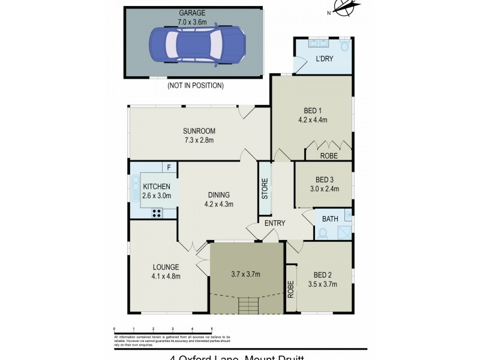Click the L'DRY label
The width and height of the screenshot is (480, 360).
324,59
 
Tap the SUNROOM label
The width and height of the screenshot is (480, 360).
199,131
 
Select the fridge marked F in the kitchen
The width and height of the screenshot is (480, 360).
169,168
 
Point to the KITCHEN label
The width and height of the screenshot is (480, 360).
157,187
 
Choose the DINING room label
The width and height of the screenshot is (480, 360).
218,194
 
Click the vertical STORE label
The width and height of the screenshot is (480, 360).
264,189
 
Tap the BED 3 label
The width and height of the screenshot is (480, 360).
324,179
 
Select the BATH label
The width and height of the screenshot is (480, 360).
329,218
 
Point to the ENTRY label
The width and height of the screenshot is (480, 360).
275,223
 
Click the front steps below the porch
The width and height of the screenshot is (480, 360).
248,307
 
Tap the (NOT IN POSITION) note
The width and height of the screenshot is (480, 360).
195,86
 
